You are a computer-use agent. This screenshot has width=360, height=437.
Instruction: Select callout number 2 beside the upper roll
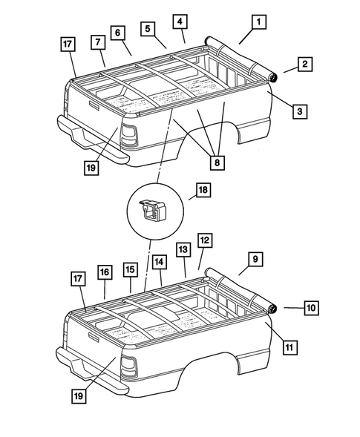304,65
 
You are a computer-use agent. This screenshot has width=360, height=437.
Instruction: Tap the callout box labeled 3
298,111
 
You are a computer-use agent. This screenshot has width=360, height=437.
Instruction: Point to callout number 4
180,21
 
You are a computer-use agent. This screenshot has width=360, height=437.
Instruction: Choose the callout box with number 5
148,29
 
